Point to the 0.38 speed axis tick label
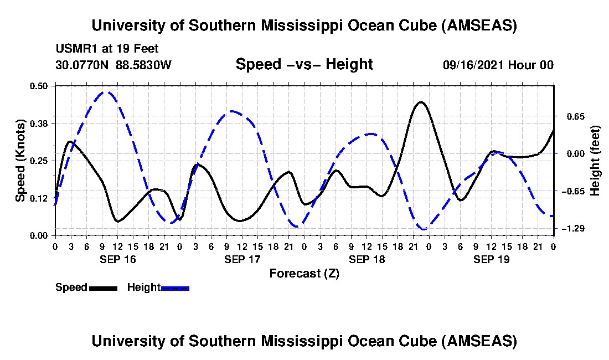click(x=41, y=123)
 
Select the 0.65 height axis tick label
click(x=573, y=116)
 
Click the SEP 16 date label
click(x=117, y=259)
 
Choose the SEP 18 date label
click(x=367, y=259)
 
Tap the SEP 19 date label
click(x=491, y=259)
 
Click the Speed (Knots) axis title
click(x=20, y=160)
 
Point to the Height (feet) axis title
click(x=595, y=160)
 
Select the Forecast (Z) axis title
click(x=304, y=273)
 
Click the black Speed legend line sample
click(x=103, y=288)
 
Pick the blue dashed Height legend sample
click(x=175, y=288)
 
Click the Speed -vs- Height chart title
click(x=304, y=64)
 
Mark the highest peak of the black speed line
click(x=421, y=102)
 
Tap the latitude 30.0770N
click(x=83, y=65)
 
